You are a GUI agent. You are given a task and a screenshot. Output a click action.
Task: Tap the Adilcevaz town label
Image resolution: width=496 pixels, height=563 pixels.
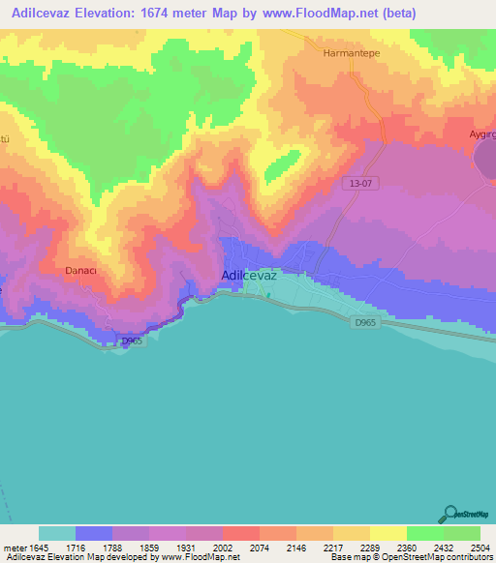click(x=250, y=276)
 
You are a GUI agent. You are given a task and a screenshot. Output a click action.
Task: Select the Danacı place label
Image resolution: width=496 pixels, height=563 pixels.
click(x=83, y=272)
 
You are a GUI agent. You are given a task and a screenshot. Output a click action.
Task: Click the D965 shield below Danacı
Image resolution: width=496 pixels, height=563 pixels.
click(x=131, y=340)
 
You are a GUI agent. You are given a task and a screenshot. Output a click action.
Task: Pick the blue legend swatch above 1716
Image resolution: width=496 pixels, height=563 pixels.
click(x=94, y=533)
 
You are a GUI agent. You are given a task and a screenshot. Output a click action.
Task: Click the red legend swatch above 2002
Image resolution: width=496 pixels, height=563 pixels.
click(x=204, y=533)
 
